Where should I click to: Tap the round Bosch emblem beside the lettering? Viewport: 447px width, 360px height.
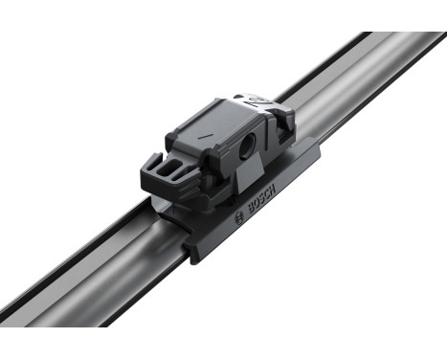[239, 219]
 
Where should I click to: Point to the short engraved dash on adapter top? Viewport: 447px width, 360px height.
[203, 137]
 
